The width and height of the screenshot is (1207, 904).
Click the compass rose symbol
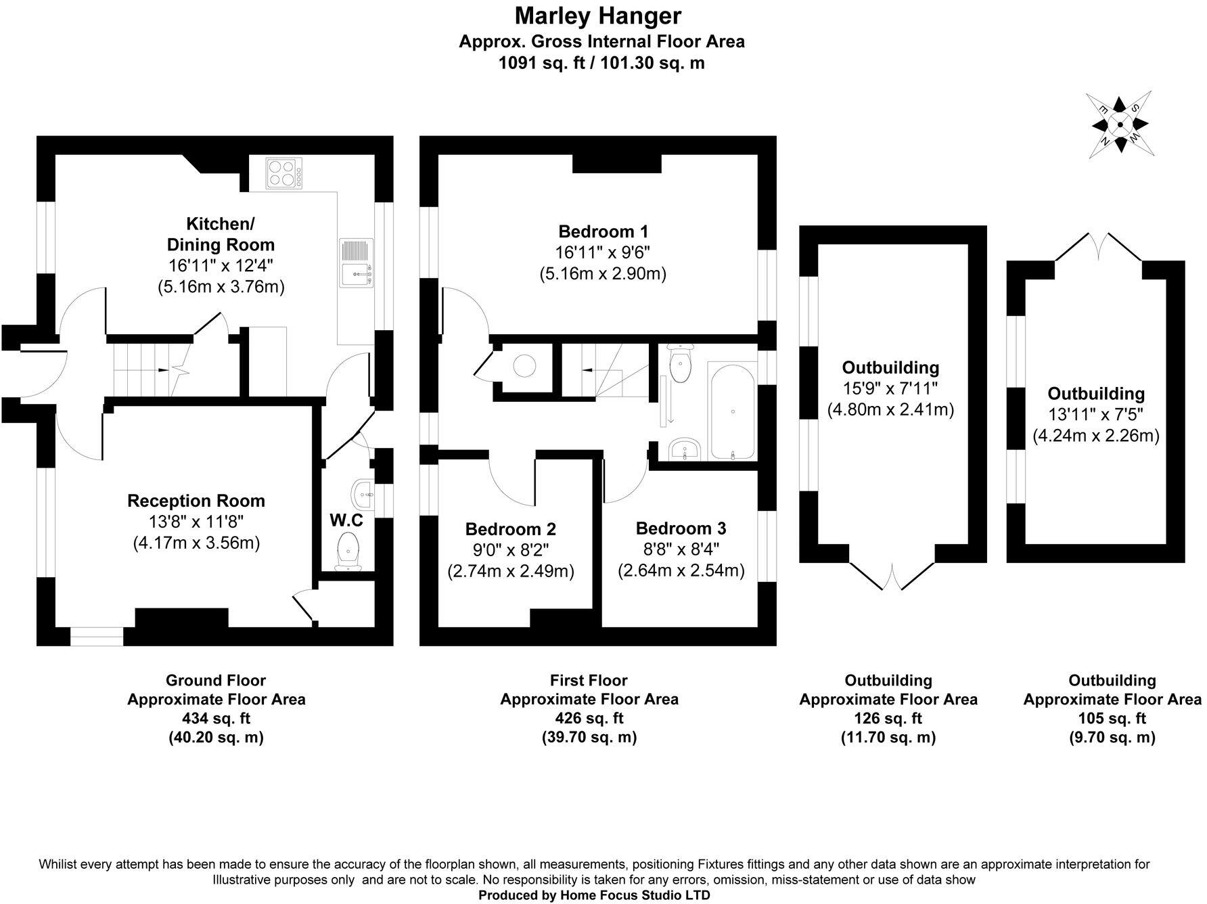(x=1120, y=125)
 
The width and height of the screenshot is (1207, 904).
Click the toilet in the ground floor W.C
(x=348, y=550)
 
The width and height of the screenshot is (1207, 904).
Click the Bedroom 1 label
(x=603, y=231)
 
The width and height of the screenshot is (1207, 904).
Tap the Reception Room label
(x=196, y=501)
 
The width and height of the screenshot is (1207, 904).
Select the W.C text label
(x=346, y=520)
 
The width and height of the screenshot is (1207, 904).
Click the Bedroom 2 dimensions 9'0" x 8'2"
(x=511, y=550)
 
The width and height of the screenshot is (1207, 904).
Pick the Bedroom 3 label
(x=681, y=528)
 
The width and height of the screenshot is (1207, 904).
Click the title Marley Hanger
(x=598, y=16)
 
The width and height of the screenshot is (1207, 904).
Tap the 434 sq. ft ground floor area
(x=216, y=718)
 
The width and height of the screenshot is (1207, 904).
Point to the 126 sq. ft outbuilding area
(x=888, y=718)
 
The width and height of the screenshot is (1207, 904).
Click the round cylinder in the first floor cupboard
(x=524, y=366)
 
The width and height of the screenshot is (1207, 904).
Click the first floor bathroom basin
(x=685, y=449)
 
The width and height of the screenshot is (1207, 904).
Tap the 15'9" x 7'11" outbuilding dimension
(x=890, y=388)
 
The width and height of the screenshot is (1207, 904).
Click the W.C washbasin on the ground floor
(x=362, y=490)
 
